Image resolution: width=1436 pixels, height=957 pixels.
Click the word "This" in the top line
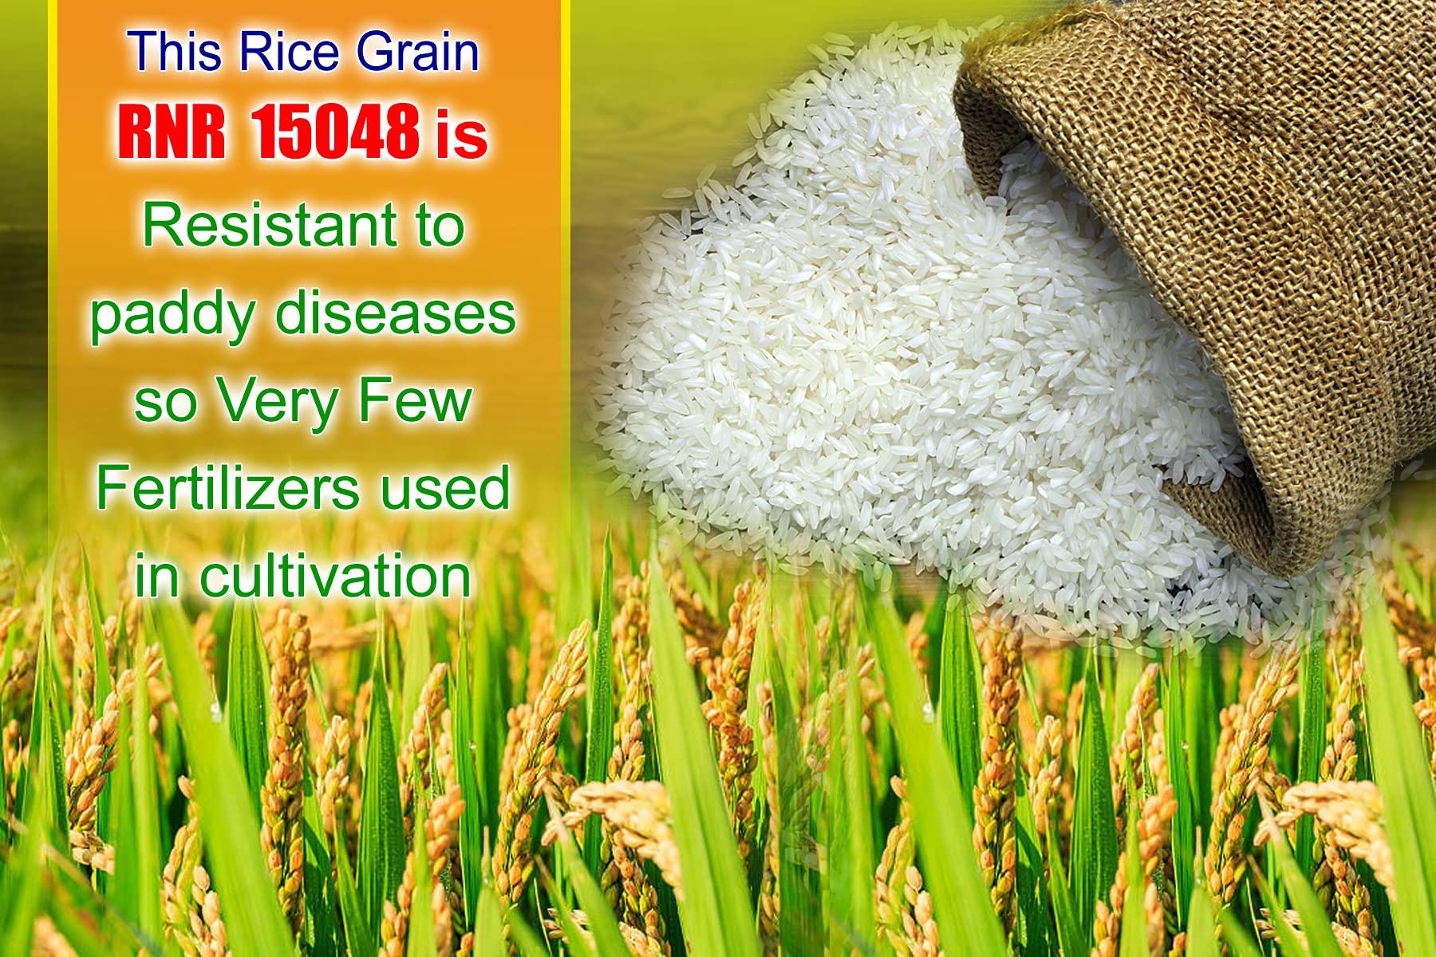(x=170, y=53)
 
